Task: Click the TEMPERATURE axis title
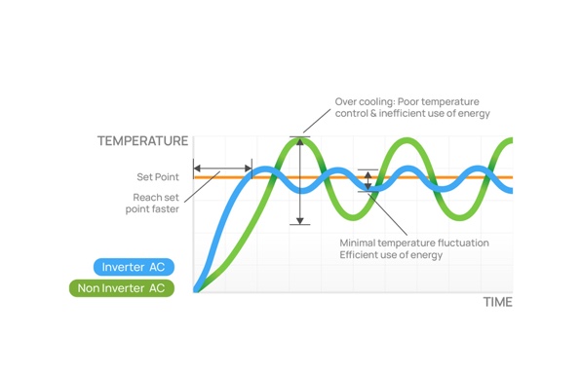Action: pyautogui.click(x=142, y=141)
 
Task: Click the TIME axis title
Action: pyautogui.click(x=497, y=302)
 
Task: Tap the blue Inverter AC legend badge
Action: pyautogui.click(x=134, y=267)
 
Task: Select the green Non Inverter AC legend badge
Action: pyautogui.click(x=122, y=288)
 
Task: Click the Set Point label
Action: pyautogui.click(x=158, y=177)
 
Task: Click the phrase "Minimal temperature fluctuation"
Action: pyautogui.click(x=414, y=243)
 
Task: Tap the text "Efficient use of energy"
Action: pyautogui.click(x=391, y=254)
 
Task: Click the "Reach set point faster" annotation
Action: pyautogui.click(x=152, y=203)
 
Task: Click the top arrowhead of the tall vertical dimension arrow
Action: pyautogui.click(x=300, y=141)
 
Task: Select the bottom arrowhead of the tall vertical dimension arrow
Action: pyautogui.click(x=300, y=221)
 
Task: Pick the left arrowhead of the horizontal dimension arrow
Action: pyautogui.click(x=197, y=169)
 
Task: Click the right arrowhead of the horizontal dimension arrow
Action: pyautogui.click(x=249, y=169)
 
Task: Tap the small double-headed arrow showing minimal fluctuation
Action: pyautogui.click(x=368, y=180)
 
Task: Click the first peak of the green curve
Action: pyautogui.click(x=300, y=140)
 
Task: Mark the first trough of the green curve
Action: pyautogui.click(x=354, y=217)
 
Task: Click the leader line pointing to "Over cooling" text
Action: pyautogui.click(x=317, y=121)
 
